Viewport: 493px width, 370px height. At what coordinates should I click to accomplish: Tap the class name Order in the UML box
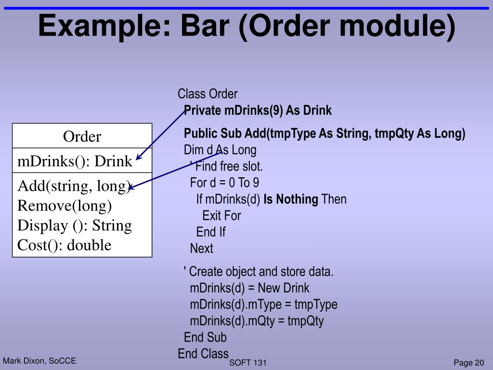tap(82, 137)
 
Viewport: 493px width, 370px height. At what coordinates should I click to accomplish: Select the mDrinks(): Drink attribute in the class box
tap(75, 161)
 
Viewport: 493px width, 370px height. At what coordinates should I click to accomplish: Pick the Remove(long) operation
tap(65, 206)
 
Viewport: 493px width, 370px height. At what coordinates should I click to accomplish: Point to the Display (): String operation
tap(75, 225)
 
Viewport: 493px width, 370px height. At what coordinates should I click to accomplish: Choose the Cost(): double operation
tap(65, 245)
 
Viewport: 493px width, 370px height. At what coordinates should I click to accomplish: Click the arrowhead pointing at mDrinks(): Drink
tap(138, 157)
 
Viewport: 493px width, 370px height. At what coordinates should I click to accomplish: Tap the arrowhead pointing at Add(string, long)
tap(131, 188)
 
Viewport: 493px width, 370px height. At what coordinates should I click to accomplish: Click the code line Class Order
tap(208, 94)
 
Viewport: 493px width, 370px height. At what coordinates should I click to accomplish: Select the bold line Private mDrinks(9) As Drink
tap(258, 110)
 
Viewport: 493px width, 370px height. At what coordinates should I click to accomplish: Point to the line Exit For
tap(221, 215)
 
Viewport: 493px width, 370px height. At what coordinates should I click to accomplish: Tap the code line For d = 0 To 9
tap(225, 183)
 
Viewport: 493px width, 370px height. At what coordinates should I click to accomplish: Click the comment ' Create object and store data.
tap(259, 271)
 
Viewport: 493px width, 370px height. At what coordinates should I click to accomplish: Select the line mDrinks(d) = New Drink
tap(249, 288)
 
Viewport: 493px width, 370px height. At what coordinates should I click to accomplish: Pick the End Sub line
tap(205, 337)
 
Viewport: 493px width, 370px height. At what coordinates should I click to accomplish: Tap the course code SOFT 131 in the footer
tap(248, 363)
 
